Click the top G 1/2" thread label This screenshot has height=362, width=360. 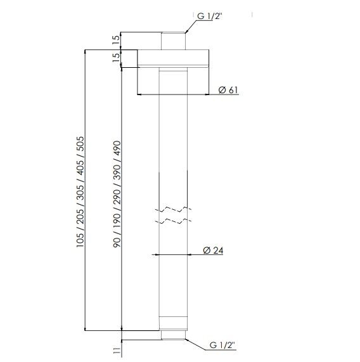pyautogui.click(x=209, y=16)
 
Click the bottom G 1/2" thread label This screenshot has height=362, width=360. pyautogui.click(x=222, y=345)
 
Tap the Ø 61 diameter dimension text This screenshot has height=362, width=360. pyautogui.click(x=228, y=90)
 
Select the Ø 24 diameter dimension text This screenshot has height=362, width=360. pyautogui.click(x=213, y=250)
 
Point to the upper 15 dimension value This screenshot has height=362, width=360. pyautogui.click(x=116, y=41)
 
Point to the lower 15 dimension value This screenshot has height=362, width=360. pyautogui.click(x=116, y=57)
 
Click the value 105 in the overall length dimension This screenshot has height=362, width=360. pyautogui.click(x=80, y=240)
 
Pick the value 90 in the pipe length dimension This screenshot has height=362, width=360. pyautogui.click(x=117, y=242)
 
